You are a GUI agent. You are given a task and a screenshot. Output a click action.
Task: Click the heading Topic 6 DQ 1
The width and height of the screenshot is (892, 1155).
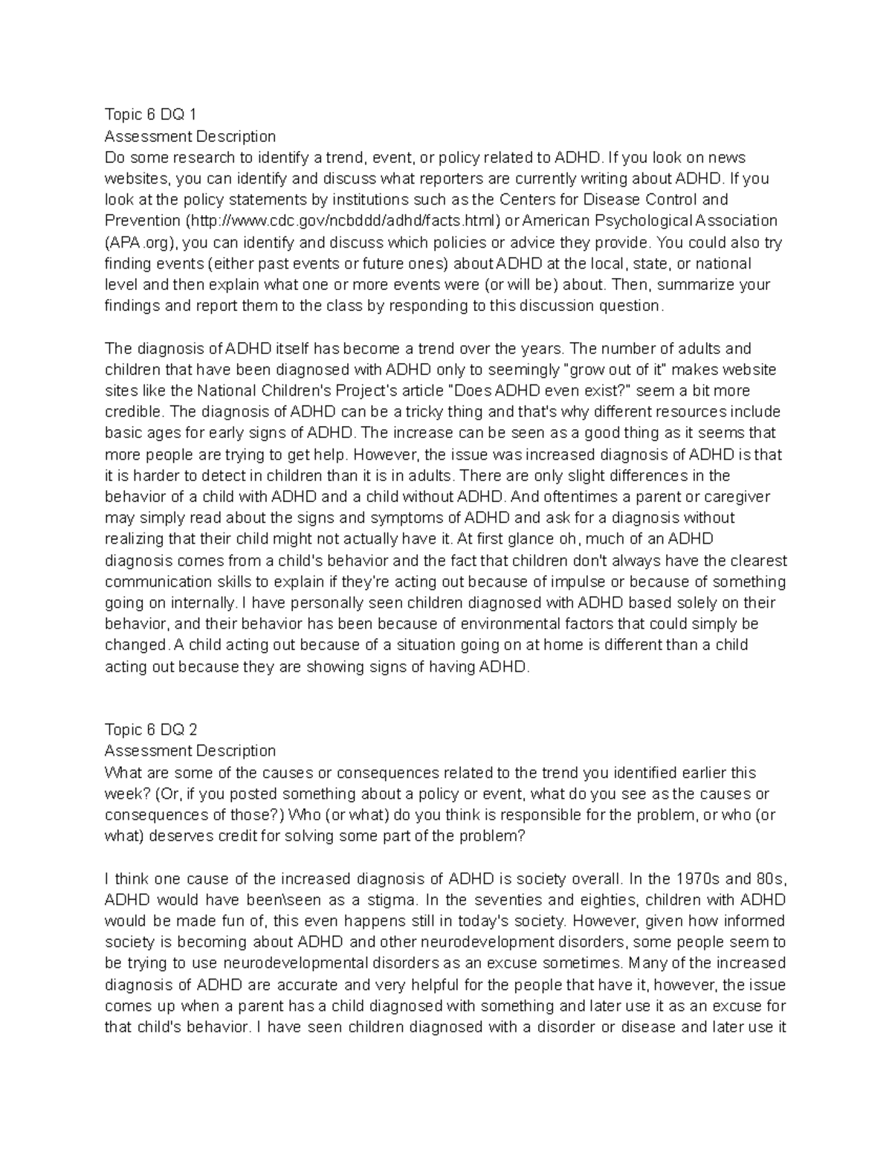click(x=151, y=115)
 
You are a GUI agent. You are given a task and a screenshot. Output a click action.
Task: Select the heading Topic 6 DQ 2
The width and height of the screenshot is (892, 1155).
click(x=151, y=729)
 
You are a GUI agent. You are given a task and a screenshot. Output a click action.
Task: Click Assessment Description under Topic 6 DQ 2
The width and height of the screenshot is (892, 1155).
click(x=190, y=750)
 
